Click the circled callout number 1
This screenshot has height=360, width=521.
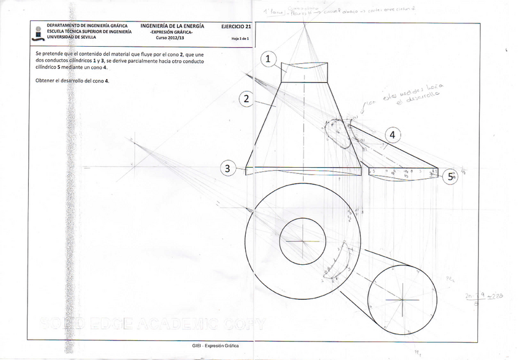click(269, 59)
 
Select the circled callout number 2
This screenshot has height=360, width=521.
click(246, 99)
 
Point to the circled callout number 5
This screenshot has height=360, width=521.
click(452, 177)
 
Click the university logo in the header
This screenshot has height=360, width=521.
click(39, 33)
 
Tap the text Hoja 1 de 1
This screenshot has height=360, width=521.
click(239, 39)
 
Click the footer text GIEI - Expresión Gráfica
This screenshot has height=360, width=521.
click(215, 346)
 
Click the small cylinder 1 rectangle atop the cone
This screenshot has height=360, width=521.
click(305, 72)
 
